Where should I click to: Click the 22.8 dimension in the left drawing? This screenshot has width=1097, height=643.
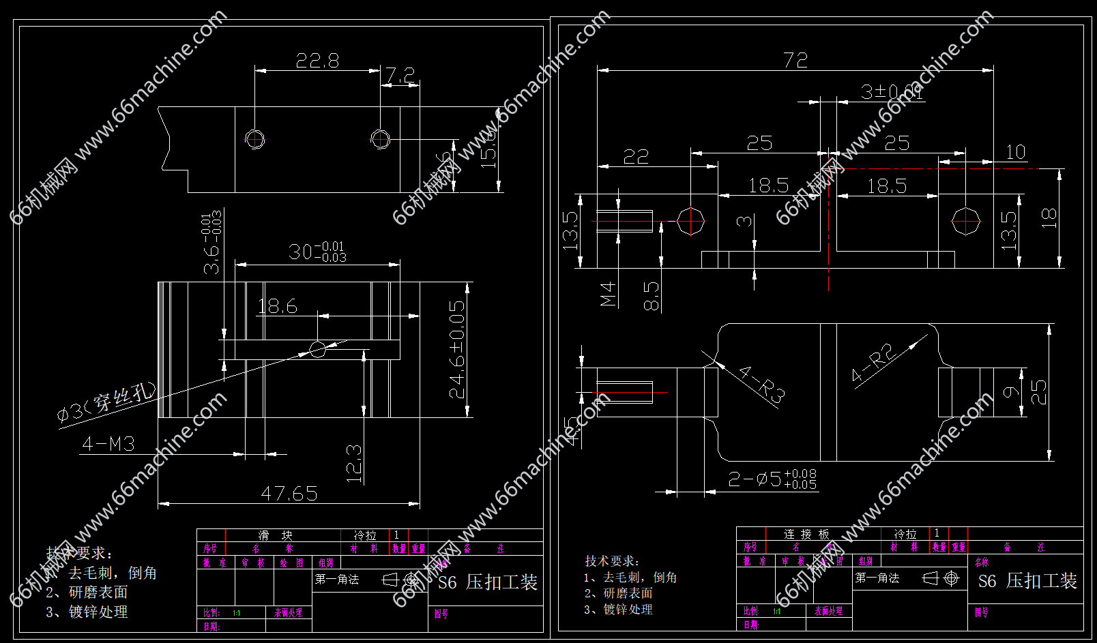click(317, 61)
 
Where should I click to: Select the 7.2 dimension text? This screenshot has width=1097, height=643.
click(400, 74)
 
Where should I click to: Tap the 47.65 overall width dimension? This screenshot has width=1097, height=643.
click(289, 493)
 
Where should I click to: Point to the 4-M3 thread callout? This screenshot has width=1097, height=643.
click(108, 444)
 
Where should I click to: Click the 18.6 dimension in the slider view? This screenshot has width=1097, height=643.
click(278, 306)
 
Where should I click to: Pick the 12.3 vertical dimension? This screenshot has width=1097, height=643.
click(354, 464)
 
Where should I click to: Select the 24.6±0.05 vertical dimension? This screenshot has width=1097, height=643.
click(457, 349)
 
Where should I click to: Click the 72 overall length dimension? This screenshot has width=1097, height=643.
click(795, 60)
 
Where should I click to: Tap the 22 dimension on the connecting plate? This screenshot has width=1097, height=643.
click(636, 157)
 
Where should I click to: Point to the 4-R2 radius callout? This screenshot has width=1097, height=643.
click(873, 363)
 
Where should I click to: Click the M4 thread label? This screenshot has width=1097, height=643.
click(608, 293)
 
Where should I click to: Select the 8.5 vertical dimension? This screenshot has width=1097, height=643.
click(652, 296)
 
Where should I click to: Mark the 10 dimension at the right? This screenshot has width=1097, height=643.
click(1016, 152)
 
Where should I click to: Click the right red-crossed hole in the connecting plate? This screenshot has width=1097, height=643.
click(966, 222)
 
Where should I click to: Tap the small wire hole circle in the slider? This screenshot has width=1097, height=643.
click(317, 350)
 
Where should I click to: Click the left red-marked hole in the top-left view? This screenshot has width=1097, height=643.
click(255, 139)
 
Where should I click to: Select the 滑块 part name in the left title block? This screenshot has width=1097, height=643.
click(275, 535)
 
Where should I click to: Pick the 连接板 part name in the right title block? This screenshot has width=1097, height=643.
click(806, 534)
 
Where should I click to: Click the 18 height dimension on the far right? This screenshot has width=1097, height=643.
click(1049, 218)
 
